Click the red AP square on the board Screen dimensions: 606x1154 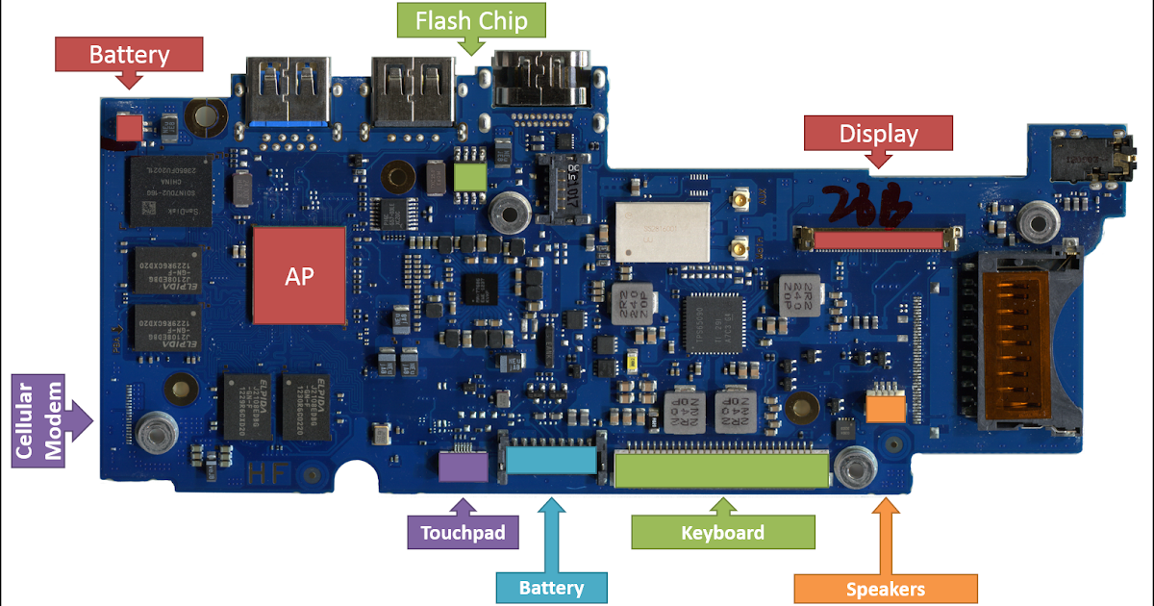click(x=299, y=275)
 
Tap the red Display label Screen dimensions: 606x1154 click(x=878, y=134)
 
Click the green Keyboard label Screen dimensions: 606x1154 click(x=722, y=532)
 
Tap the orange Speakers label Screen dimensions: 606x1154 click(x=885, y=589)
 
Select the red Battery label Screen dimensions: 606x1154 click(x=129, y=54)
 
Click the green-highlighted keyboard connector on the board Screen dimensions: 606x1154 click(x=721, y=468)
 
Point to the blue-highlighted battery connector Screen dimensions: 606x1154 click(x=550, y=461)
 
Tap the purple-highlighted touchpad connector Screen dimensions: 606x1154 click(x=462, y=467)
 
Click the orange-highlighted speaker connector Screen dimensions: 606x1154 click(x=885, y=408)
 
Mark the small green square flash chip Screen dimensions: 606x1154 click(x=470, y=177)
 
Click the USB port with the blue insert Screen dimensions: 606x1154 click(x=287, y=93)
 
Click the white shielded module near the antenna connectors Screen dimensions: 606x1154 click(x=663, y=230)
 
